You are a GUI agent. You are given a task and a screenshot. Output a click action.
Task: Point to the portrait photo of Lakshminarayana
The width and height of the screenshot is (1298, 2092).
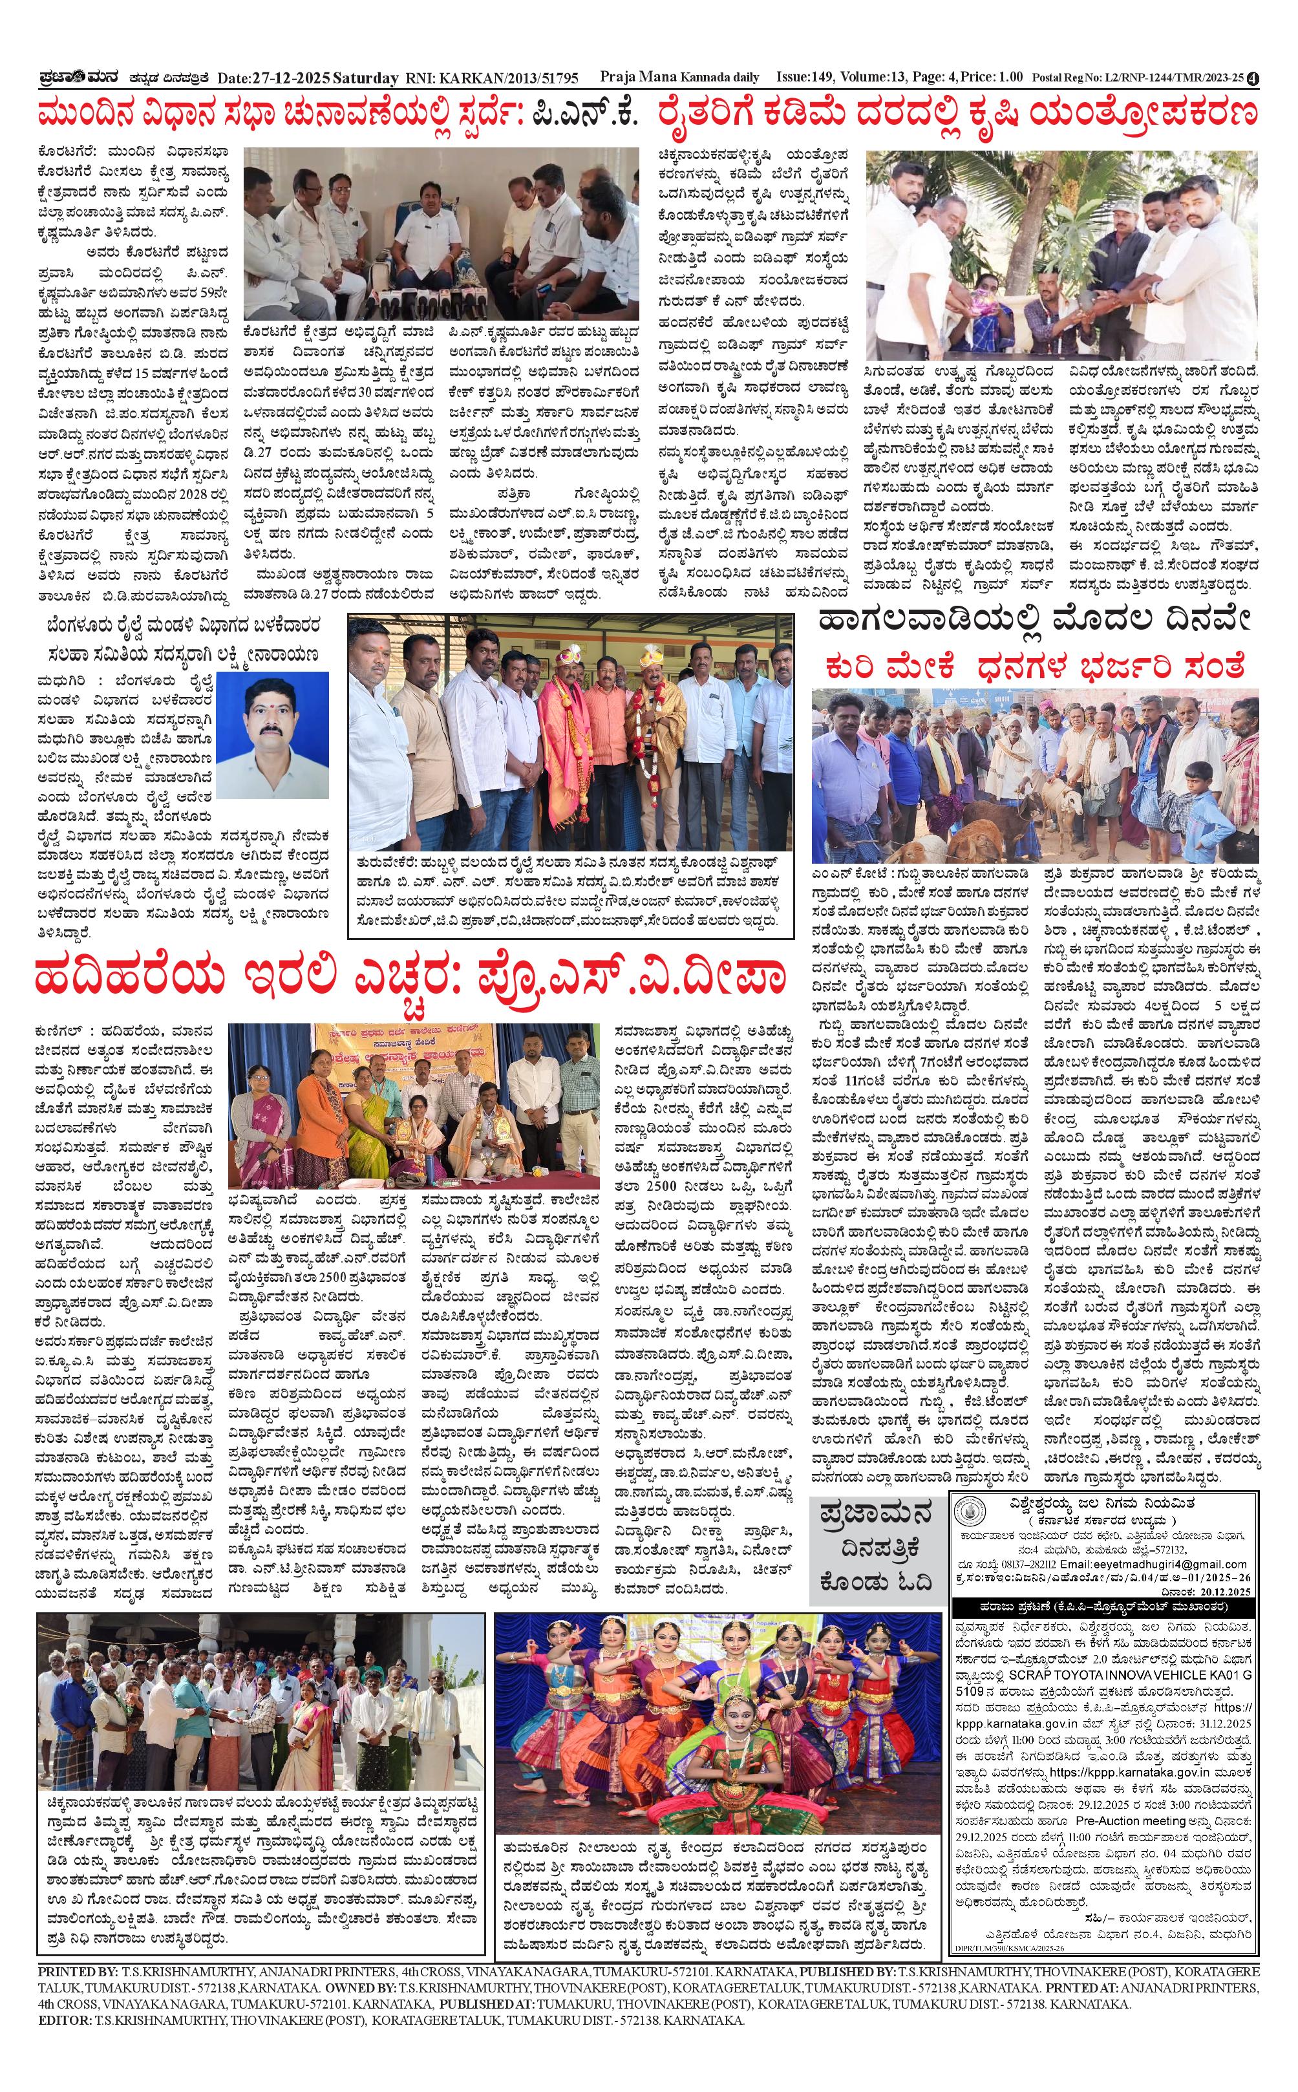coord(272,735)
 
